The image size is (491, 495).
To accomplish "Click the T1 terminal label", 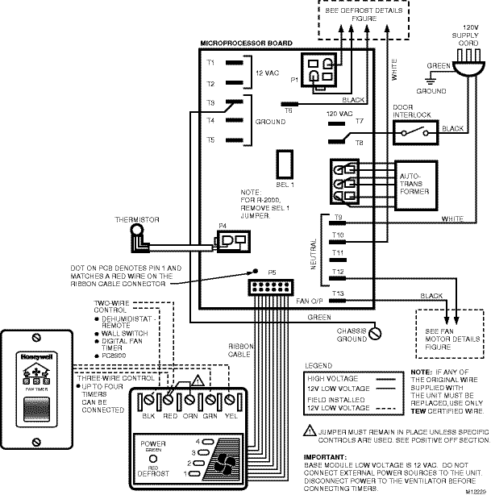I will [x=210, y=62].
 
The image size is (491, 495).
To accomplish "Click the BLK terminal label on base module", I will [x=148, y=416].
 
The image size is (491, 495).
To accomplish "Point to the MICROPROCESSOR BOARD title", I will [x=245, y=43].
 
